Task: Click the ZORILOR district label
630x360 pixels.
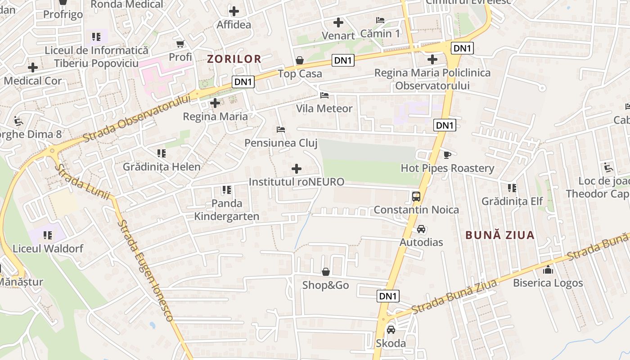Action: coord(234,59)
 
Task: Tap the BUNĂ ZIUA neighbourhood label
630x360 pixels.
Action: coord(500,235)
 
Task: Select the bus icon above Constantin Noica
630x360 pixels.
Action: coord(416,196)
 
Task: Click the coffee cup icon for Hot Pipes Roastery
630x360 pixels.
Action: coord(447,155)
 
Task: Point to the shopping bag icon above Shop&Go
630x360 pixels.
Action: coord(325,272)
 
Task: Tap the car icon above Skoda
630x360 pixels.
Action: coord(391,329)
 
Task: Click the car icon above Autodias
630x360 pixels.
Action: coord(421,229)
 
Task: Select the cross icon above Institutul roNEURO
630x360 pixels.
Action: coord(297,169)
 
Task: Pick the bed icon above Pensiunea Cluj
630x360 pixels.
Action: coord(281,130)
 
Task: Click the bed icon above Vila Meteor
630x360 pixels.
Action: coord(324,95)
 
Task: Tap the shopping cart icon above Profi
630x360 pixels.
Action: coord(180,44)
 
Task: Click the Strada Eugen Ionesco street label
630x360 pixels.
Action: coord(145,270)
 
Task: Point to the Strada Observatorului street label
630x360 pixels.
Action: coord(137,118)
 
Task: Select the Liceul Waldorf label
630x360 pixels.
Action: coord(48,248)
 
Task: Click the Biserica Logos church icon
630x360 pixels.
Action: coord(548,270)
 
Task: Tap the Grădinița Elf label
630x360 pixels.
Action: coord(512,201)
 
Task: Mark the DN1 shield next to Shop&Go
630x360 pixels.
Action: coord(388,296)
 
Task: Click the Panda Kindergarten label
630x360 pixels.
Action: coord(226,210)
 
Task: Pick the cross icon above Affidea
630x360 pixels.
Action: coord(234,11)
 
